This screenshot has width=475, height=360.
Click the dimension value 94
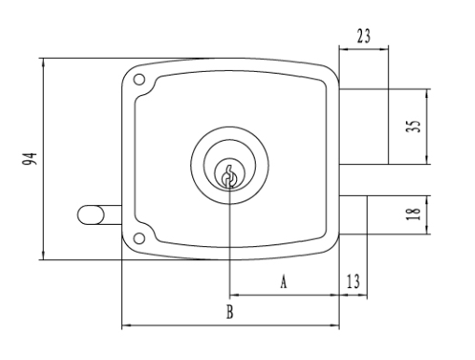30,159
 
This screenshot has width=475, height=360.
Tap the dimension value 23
364,36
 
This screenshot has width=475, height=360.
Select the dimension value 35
413,126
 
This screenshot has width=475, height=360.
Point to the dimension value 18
413,214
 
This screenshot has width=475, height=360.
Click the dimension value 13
353,282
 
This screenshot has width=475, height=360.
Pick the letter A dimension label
284,282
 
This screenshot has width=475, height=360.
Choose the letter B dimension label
230,312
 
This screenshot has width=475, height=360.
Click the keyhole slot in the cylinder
230,177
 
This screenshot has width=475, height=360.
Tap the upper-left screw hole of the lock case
139,79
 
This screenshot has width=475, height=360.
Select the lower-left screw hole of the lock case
139,239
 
